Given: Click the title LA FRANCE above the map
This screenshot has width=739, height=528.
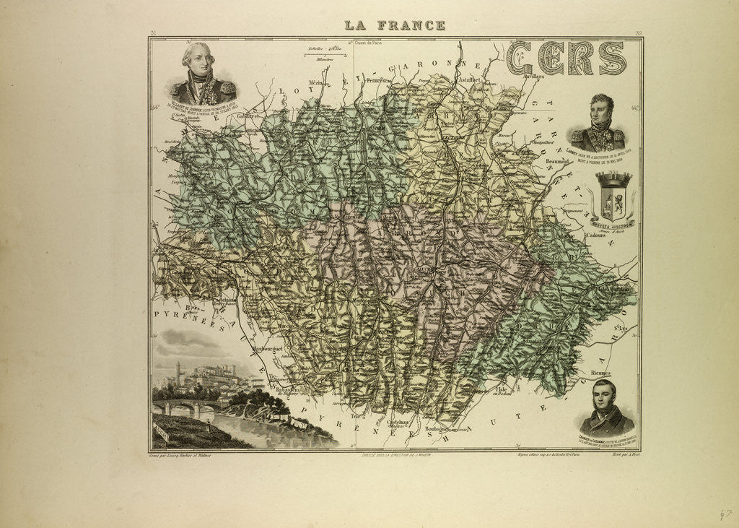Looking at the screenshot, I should point(394,25).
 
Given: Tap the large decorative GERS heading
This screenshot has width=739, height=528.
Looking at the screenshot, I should point(566,58).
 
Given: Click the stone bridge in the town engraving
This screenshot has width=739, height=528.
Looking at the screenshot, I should point(180,407).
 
